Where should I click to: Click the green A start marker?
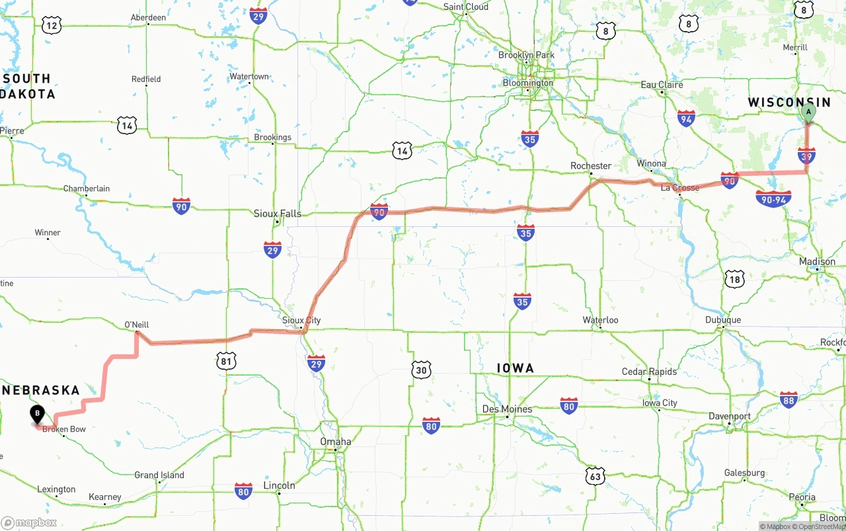click(808, 113)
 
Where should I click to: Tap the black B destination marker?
click(38, 415)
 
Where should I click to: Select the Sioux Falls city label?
click(278, 214)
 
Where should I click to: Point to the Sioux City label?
click(301, 321)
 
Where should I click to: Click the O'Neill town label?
click(136, 325)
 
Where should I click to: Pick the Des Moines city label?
click(507, 409)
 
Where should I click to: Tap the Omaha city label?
click(336, 442)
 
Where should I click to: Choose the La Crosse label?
click(680, 188)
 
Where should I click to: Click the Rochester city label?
click(591, 165)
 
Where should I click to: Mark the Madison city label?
click(817, 262)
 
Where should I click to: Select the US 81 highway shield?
click(227, 360)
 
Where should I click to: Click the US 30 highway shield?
click(421, 370)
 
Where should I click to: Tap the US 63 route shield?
click(595, 475)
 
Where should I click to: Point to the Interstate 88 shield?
click(788, 399)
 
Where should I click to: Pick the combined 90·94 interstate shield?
click(773, 198)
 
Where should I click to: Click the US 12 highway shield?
click(52, 26)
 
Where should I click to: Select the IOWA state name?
click(515, 368)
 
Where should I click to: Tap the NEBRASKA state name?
click(41, 390)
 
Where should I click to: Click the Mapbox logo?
click(29, 522)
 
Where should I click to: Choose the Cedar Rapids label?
click(649, 372)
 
